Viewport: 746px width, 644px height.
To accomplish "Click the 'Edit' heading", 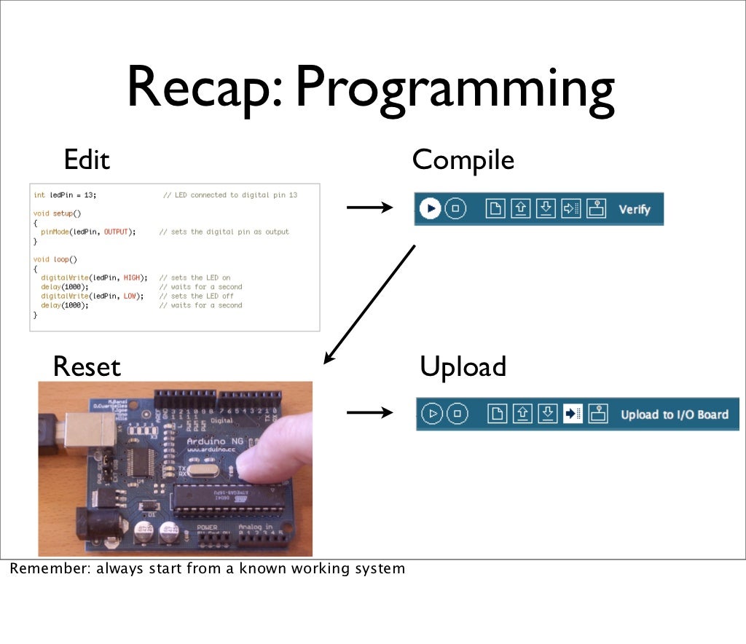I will click(87, 159).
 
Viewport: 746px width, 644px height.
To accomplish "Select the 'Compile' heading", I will click(463, 159).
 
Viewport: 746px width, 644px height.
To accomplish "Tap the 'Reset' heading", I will click(87, 366).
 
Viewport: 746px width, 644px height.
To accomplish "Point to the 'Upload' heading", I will click(463, 366).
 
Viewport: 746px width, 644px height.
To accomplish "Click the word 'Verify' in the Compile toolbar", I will click(634, 210).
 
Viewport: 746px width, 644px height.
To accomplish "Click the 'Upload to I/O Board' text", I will click(674, 415).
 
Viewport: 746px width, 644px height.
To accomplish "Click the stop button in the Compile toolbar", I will click(455, 209).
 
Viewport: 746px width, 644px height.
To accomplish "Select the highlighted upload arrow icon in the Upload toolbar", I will click(572, 414).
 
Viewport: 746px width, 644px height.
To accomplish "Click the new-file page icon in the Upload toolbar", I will click(496, 414).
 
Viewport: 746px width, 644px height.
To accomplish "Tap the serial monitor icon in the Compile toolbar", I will click(597, 209).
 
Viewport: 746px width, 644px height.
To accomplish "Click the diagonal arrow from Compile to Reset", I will click(369, 304).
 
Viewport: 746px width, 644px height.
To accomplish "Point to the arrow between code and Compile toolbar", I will click(369, 208).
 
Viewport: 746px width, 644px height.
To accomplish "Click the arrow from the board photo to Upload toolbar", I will click(369, 413).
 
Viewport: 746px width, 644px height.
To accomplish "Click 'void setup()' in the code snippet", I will click(58, 213).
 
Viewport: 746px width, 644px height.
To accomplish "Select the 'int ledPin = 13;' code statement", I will click(65, 195).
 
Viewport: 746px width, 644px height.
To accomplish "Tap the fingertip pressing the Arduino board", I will click(262, 459).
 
